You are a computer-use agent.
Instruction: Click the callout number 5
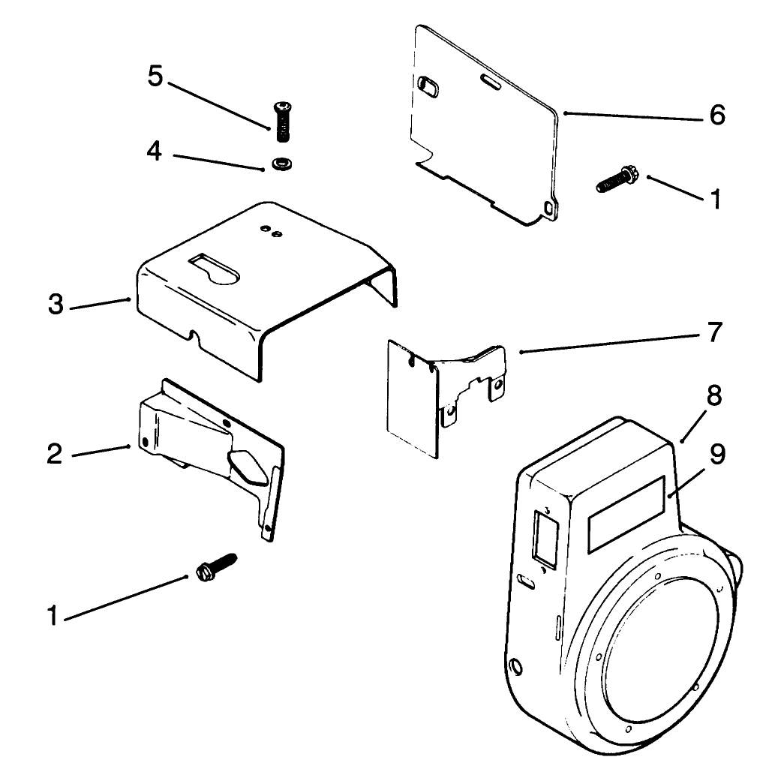155,78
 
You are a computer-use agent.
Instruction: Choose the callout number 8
713,396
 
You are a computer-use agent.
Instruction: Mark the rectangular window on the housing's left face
543,535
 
